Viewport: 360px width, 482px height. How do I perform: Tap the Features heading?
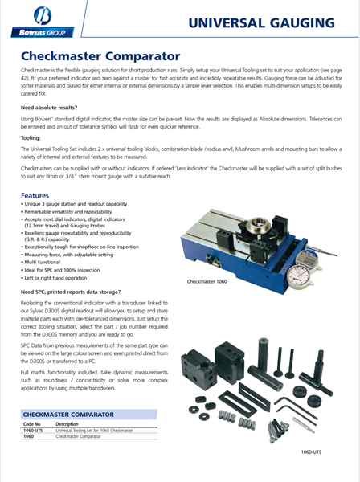40,196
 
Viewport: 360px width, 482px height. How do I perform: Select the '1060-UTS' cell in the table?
35,431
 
